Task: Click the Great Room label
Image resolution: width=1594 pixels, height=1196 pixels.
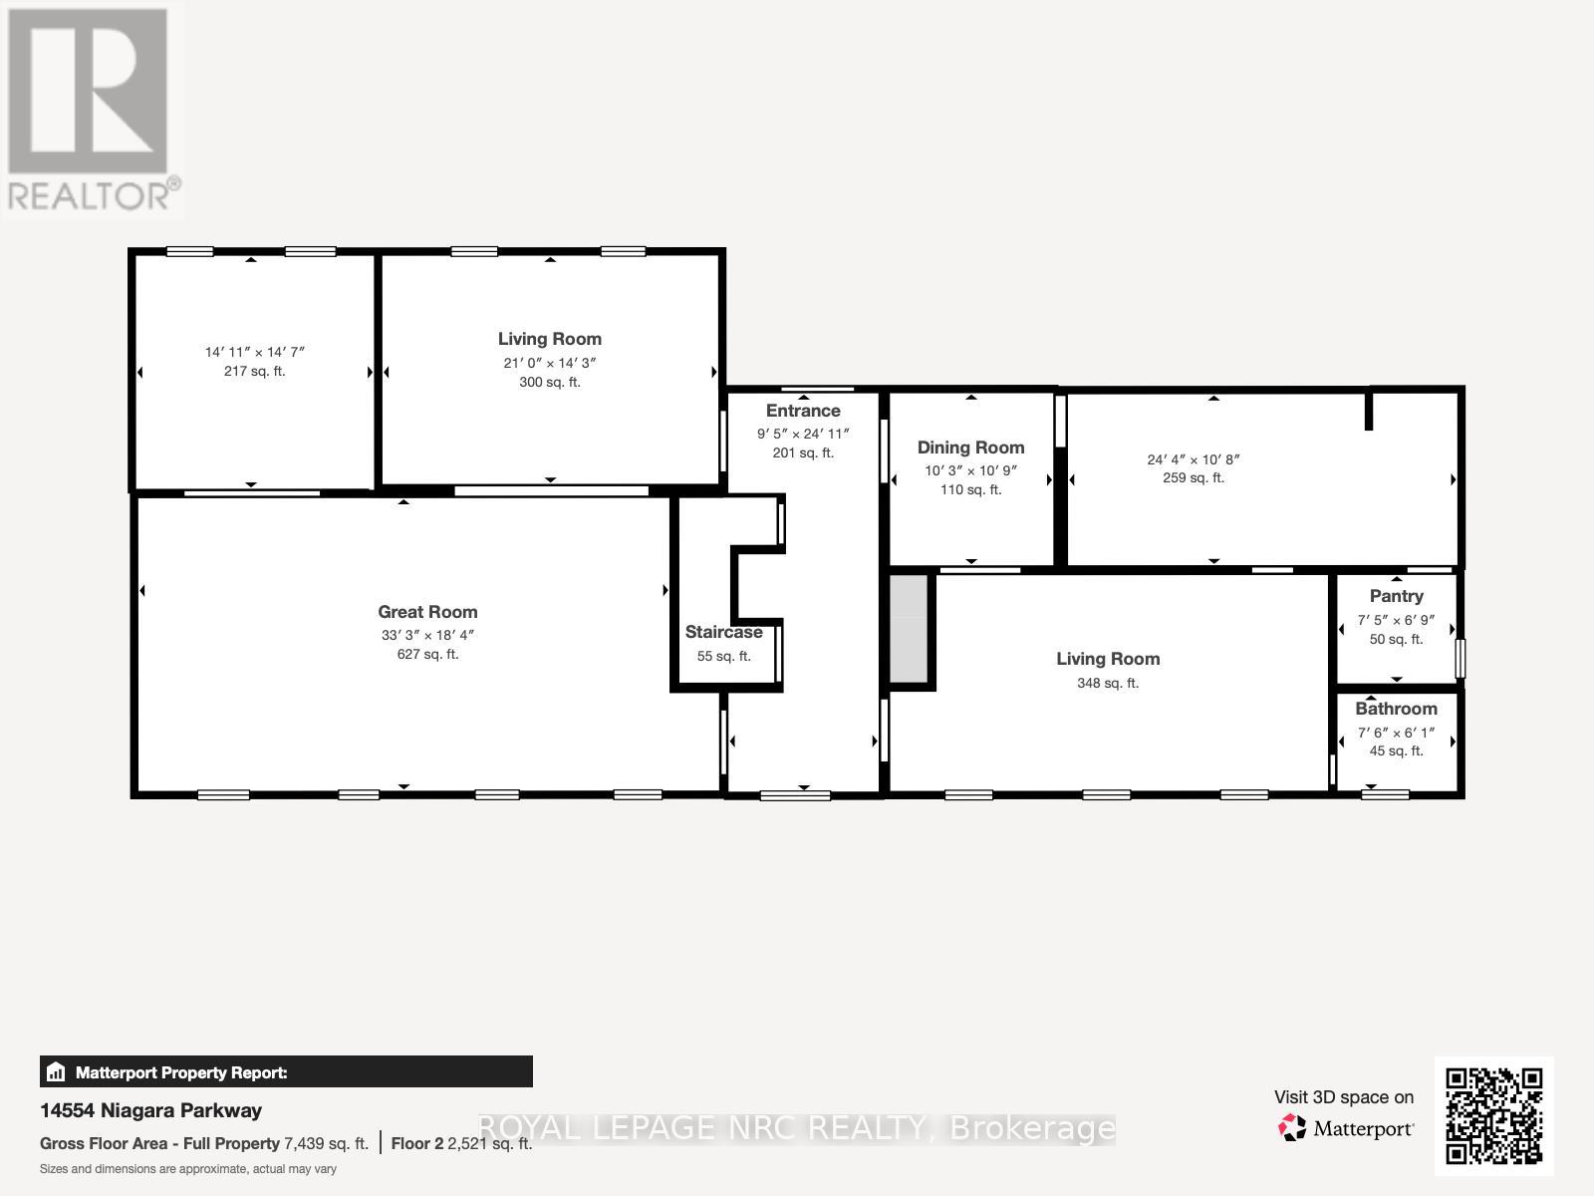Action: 427,612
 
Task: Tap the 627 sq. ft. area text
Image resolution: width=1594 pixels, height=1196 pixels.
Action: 427,655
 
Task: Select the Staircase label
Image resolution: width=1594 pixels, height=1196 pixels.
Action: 723,632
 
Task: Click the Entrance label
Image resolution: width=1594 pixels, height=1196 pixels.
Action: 803,411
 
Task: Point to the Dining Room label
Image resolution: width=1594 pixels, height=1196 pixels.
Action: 970,448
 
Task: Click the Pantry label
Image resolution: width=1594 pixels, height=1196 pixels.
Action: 1396,596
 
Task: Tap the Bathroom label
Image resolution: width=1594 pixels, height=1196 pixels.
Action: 1396,709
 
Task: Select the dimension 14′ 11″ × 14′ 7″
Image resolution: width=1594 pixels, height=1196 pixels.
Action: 254,352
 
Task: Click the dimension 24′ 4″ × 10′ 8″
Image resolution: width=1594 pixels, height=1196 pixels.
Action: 1193,459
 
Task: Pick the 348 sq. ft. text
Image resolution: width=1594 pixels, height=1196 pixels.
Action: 1107,683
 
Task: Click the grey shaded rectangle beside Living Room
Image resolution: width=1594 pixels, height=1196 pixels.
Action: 908,629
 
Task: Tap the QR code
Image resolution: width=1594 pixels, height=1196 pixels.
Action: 1493,1115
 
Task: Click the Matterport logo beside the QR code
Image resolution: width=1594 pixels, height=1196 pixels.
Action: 1347,1128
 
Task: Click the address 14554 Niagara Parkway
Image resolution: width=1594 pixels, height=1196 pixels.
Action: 150,1110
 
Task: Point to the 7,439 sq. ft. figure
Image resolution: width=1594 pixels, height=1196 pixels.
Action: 326,1143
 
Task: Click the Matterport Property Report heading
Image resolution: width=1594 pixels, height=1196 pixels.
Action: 181,1072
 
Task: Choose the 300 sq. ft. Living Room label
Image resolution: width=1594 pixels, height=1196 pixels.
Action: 549,339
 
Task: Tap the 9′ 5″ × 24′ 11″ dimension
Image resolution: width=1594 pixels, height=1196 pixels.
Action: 803,434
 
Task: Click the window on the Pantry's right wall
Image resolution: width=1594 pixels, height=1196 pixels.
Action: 1461,659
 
